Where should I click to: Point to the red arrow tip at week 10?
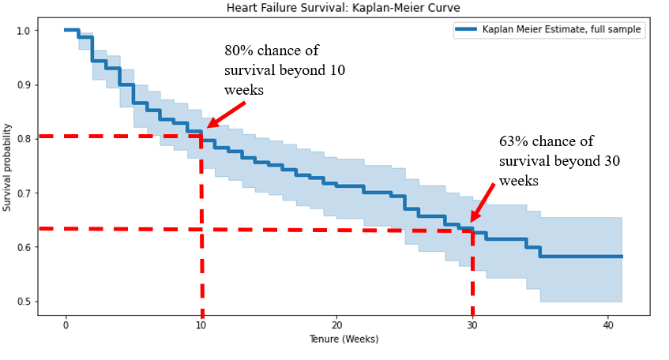pos(208,127)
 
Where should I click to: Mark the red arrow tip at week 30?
pos(472,221)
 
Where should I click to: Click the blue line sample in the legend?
pos(467,30)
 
